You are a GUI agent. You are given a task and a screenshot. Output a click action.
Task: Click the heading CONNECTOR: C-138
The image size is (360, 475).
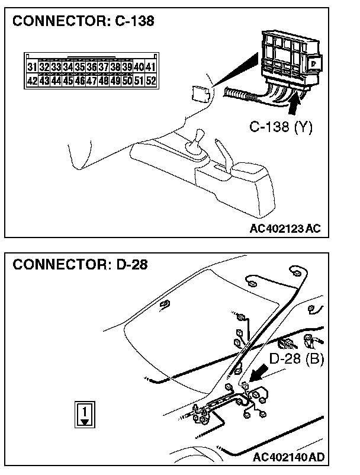tap(83, 22)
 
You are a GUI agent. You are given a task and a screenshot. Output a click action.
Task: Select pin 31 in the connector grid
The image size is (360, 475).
tap(32, 68)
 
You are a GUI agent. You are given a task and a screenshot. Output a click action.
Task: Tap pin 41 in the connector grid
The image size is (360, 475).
tap(150, 68)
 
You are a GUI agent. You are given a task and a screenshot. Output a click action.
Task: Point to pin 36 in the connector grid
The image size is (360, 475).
tap(91, 68)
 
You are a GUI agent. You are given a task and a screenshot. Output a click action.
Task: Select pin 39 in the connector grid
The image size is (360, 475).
tap(127, 68)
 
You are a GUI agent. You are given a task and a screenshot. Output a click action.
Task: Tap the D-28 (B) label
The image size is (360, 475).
tap(296, 359)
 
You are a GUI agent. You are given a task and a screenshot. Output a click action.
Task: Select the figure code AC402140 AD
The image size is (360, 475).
tap(288, 457)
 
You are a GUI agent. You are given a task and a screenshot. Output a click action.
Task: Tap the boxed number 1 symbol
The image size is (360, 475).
tap(85, 413)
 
